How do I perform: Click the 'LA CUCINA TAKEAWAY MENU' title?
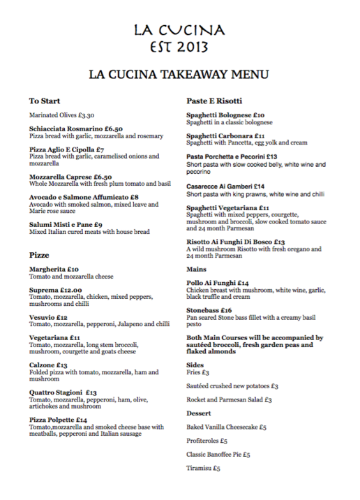(x=179, y=75)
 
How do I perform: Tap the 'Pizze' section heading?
(x=39, y=255)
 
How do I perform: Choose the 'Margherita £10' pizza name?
(x=54, y=269)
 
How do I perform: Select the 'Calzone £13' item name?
(x=48, y=365)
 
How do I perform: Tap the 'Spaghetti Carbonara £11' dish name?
(x=225, y=135)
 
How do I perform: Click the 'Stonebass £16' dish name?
(x=209, y=309)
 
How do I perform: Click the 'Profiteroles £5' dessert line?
(x=207, y=441)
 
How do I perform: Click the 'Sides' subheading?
(x=195, y=365)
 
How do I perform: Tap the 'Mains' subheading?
(x=196, y=268)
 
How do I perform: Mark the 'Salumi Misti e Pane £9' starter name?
(x=66, y=224)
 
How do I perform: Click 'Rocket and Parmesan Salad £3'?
(x=229, y=399)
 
